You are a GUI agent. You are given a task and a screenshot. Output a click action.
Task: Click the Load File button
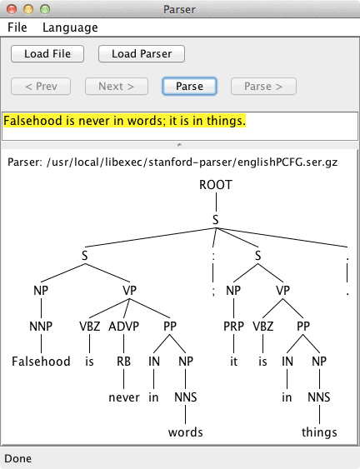click(x=47, y=54)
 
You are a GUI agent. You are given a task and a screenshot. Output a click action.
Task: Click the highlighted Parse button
click(x=189, y=87)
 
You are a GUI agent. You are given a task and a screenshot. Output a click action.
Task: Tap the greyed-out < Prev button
click(x=41, y=87)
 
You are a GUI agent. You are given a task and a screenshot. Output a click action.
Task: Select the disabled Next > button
click(x=117, y=87)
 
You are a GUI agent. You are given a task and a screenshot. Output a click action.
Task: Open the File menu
click(x=17, y=27)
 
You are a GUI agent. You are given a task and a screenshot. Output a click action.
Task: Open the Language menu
click(x=70, y=27)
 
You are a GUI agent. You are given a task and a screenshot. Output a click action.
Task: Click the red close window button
click(x=12, y=9)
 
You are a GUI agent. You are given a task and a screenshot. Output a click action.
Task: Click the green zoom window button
click(x=45, y=9)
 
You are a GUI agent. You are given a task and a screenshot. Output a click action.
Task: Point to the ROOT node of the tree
click(x=216, y=185)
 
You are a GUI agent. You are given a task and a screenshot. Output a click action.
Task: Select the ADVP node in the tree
click(x=123, y=326)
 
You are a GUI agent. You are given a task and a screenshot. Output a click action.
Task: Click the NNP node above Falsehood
click(x=41, y=326)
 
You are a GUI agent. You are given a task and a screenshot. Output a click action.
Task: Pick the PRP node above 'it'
click(x=233, y=326)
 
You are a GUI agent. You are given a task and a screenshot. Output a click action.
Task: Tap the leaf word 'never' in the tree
click(x=124, y=397)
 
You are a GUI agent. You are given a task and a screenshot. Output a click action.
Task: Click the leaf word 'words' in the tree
click(x=186, y=432)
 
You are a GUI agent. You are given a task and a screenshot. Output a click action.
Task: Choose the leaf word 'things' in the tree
click(x=319, y=432)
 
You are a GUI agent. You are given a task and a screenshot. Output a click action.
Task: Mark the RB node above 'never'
click(x=124, y=362)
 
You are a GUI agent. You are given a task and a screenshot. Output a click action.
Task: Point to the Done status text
click(x=18, y=458)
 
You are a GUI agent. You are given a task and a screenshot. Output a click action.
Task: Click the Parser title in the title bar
click(x=179, y=9)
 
